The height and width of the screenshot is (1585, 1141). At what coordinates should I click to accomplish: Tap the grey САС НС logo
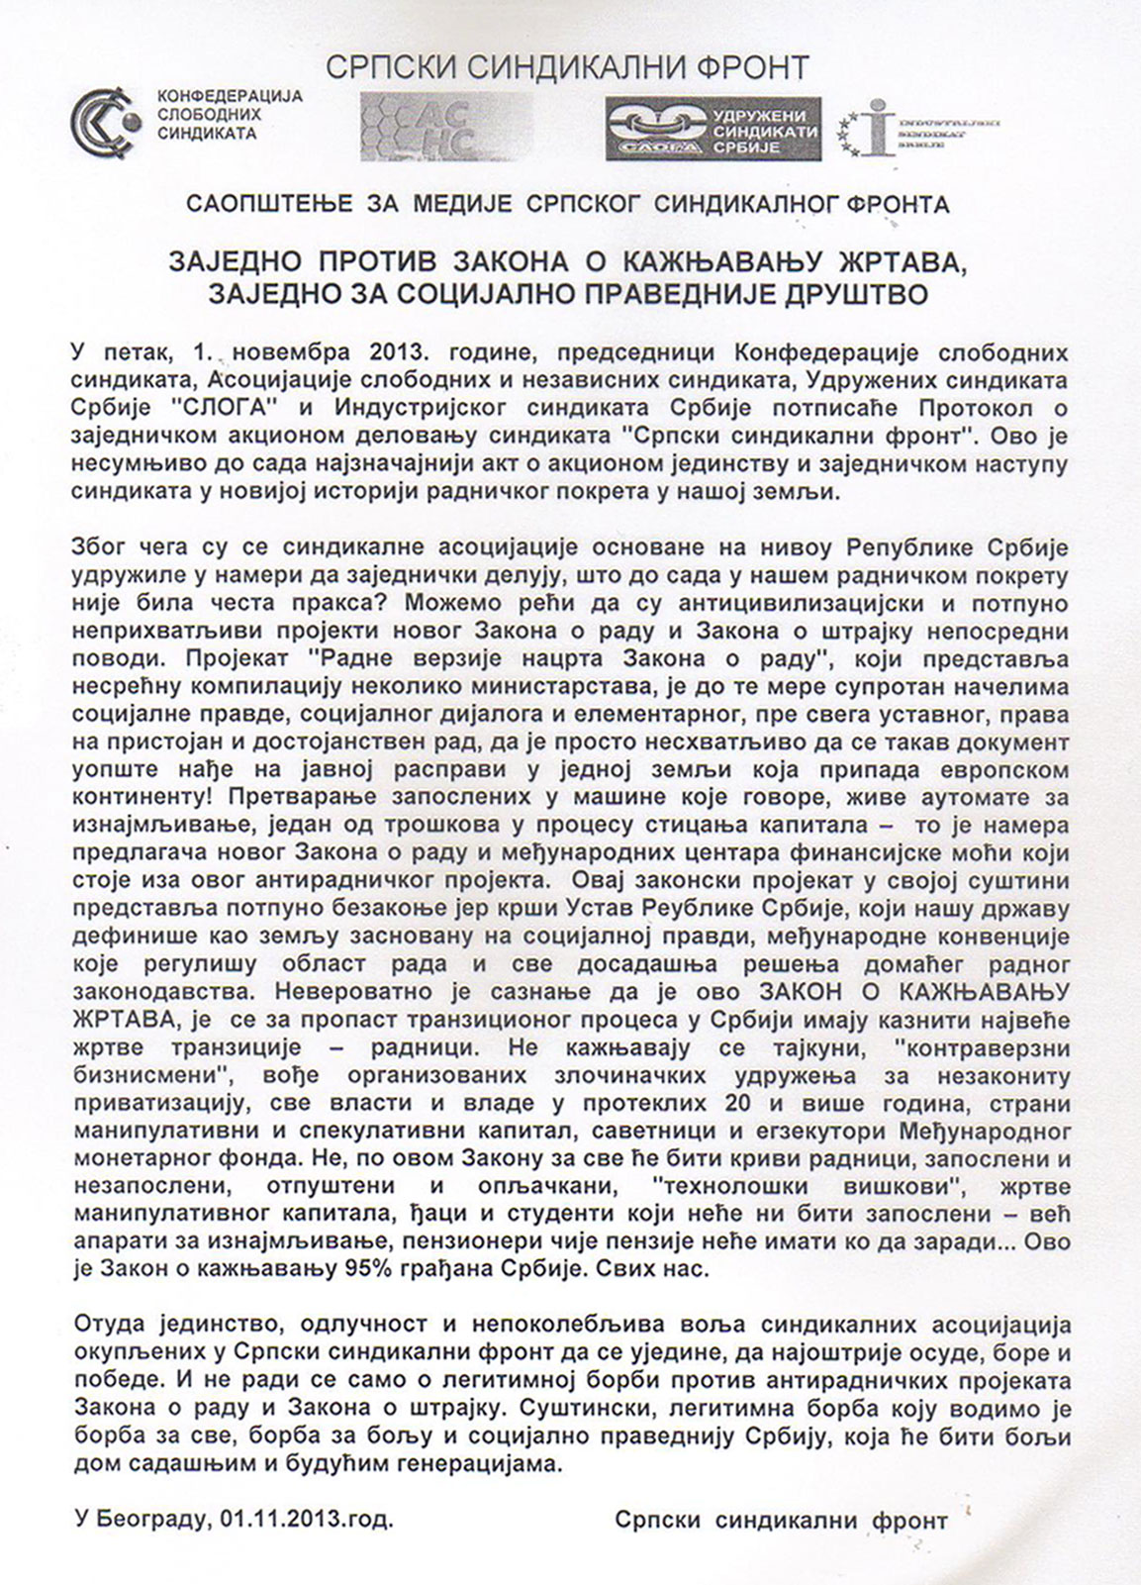[446, 127]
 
